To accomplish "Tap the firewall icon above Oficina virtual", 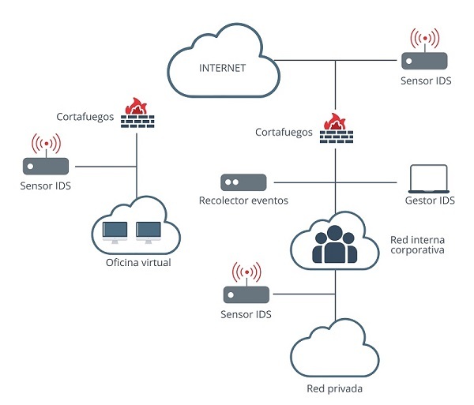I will (x=138, y=114).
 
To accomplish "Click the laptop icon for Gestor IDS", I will (x=428, y=179).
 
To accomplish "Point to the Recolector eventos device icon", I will (x=243, y=182).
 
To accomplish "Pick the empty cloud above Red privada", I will (x=335, y=351).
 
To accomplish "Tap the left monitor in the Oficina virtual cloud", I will (x=115, y=231).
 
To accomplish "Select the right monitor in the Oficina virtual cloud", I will (x=149, y=231).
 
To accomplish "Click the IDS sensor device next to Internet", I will (x=424, y=59).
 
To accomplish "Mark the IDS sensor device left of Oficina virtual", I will (x=46, y=166).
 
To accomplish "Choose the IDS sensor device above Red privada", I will (x=246, y=294).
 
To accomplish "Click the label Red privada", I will (x=335, y=389).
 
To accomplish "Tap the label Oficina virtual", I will (x=138, y=263).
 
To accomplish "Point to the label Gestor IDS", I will (x=430, y=201).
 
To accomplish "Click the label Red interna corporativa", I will (x=417, y=244).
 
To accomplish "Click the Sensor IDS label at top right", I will (x=426, y=81).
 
